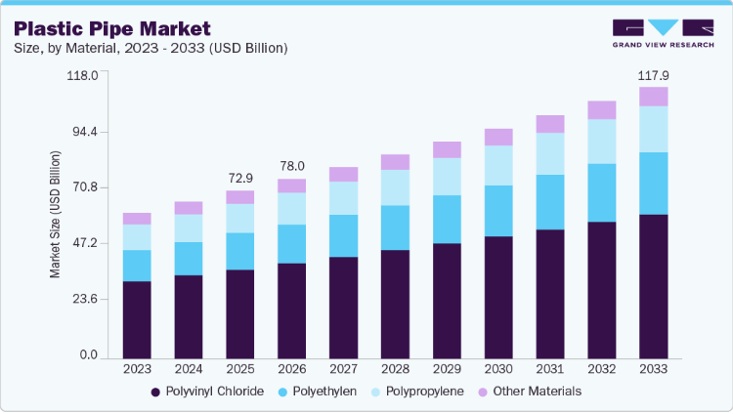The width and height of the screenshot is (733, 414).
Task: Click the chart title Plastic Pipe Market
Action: [112, 29]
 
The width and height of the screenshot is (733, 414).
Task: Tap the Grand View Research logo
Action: [663, 33]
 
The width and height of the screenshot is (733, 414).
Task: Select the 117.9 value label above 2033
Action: [654, 76]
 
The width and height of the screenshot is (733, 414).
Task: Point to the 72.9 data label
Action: [240, 178]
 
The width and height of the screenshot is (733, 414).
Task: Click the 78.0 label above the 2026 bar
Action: [292, 166]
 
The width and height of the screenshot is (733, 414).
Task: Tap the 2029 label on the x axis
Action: [447, 369]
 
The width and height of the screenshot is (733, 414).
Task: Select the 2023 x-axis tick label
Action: [137, 369]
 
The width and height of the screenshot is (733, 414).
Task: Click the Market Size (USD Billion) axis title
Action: [55, 215]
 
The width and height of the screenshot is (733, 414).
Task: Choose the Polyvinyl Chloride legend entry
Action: [207, 392]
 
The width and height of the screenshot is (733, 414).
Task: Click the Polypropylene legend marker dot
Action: [376, 393]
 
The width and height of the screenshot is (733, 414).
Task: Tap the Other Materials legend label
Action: [538, 392]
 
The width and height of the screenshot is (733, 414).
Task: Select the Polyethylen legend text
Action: [324, 392]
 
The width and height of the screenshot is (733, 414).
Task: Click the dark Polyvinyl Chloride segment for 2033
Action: [654, 286]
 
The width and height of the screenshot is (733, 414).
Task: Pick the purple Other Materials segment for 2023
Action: [137, 219]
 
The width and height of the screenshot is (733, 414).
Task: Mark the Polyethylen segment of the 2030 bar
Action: [498, 211]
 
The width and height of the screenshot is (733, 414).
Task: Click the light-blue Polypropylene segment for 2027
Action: [344, 198]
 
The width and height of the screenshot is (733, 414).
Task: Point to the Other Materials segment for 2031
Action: [550, 124]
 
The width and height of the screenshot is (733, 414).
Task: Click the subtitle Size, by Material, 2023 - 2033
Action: [151, 48]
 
